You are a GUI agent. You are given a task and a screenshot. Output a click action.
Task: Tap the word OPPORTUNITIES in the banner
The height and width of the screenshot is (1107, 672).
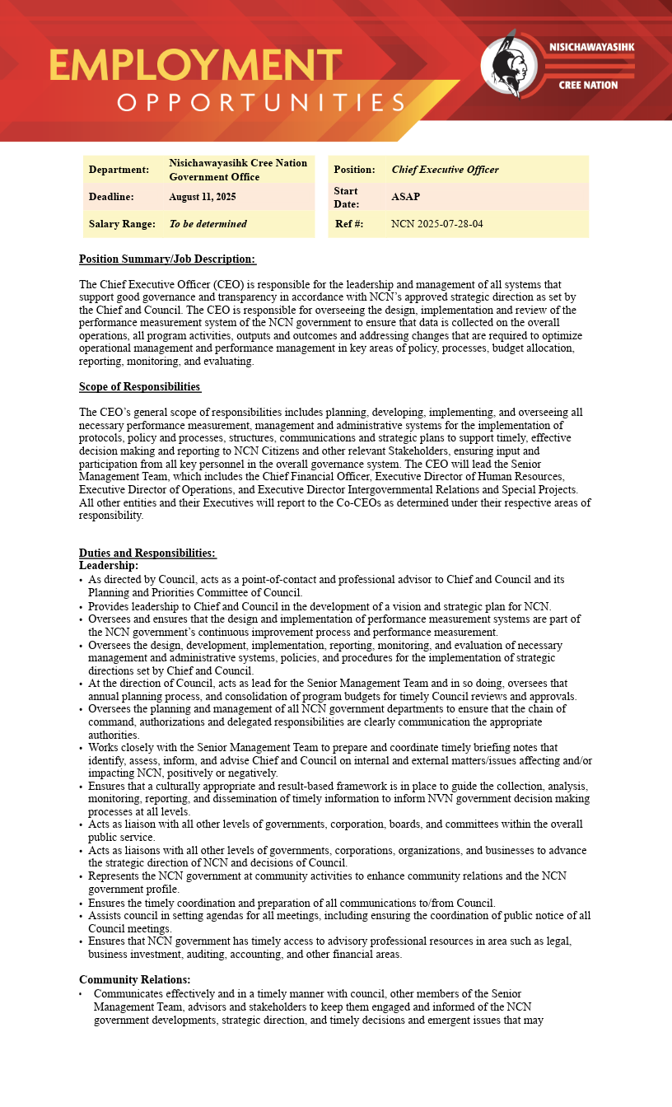262,103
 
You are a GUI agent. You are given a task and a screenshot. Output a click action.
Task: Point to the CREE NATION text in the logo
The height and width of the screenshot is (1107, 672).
588,85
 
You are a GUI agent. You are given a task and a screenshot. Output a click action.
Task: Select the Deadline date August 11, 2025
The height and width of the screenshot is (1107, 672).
203,197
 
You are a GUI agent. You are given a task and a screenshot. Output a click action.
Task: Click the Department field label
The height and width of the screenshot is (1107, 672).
119,170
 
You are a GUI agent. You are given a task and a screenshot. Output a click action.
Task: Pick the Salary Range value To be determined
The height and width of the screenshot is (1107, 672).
208,224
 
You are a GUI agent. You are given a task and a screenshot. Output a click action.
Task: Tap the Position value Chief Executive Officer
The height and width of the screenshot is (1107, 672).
445,170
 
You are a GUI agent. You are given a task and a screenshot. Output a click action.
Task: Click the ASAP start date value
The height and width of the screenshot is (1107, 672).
406,197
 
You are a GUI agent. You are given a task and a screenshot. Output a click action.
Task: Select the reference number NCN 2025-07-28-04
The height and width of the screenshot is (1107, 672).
437,224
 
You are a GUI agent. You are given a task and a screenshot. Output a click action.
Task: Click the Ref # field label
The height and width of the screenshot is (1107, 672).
349,224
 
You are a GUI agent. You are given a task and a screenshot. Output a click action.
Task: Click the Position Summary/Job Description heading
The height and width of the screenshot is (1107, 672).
167,259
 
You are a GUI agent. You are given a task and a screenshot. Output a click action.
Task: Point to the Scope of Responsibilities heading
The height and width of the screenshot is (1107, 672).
140,386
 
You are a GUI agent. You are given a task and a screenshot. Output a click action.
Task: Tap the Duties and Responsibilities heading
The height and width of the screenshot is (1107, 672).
147,553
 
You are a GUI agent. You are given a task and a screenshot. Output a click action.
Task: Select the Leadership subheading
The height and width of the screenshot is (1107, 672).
109,565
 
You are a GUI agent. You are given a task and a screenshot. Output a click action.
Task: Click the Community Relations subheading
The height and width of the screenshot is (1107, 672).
135,979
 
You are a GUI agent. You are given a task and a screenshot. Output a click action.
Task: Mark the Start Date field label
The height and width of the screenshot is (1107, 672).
346,197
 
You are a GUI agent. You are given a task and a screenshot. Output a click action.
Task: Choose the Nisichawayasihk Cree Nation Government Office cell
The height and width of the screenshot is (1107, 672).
238,170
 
